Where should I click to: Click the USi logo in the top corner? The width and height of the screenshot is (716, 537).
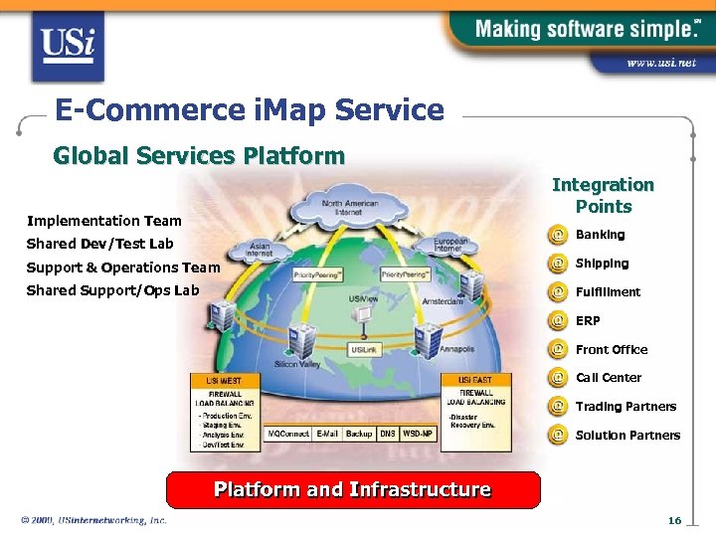pyautogui.click(x=67, y=45)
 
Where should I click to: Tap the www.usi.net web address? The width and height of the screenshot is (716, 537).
pyautogui.click(x=660, y=63)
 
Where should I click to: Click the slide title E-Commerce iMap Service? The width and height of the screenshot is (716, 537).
pyautogui.click(x=250, y=109)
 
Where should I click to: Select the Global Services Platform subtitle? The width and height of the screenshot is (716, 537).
pyautogui.click(x=199, y=156)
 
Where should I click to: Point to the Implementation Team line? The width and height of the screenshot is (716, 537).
pyautogui.click(x=104, y=221)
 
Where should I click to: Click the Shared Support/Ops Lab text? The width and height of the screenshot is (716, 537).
pyautogui.click(x=112, y=290)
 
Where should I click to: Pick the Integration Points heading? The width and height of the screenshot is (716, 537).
pyautogui.click(x=603, y=196)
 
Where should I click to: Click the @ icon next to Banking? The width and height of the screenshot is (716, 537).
pyautogui.click(x=559, y=236)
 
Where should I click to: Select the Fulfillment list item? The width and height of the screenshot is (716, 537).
pyautogui.click(x=608, y=292)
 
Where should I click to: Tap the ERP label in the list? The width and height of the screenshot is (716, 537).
pyautogui.click(x=588, y=321)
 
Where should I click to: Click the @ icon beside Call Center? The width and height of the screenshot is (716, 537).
pyautogui.click(x=559, y=378)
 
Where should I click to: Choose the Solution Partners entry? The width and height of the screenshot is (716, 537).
pyautogui.click(x=627, y=436)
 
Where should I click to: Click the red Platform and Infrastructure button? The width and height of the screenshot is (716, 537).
pyautogui.click(x=353, y=490)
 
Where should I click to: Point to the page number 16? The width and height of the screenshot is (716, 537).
pyautogui.click(x=674, y=521)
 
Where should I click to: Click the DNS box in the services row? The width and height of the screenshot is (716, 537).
pyautogui.click(x=388, y=435)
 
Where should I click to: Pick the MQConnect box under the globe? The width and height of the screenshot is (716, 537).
pyautogui.click(x=288, y=435)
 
